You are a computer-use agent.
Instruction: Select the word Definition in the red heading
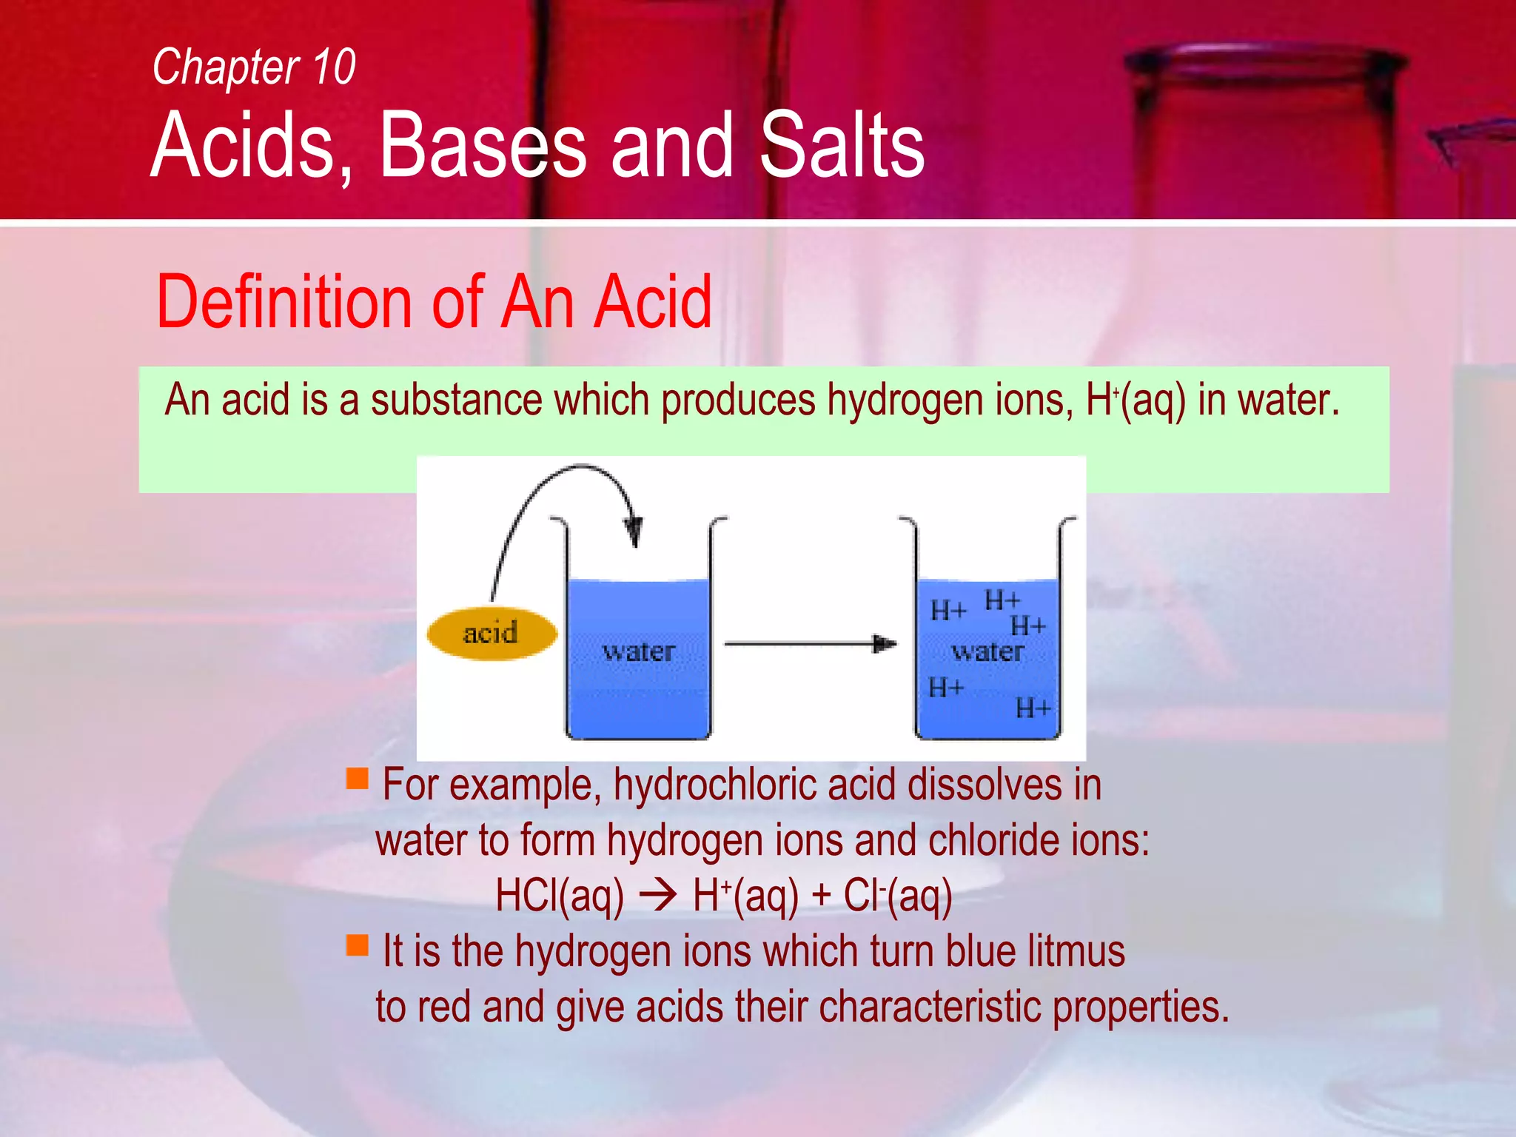(x=284, y=302)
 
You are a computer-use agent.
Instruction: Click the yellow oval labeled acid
(x=492, y=634)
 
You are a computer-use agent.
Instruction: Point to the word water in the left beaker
(x=639, y=652)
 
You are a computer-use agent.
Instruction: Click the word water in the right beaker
(x=987, y=652)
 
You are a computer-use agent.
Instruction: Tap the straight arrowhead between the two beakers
(x=884, y=644)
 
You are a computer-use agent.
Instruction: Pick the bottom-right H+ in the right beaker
(x=1033, y=709)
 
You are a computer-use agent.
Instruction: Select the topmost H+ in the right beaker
(x=1002, y=600)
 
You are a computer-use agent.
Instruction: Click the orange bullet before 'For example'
(x=358, y=779)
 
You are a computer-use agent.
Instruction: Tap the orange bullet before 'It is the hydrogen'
(x=358, y=945)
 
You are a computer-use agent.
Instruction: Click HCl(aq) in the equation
(x=560, y=896)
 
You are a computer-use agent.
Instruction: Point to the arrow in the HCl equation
(x=658, y=896)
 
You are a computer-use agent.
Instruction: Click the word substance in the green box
(x=456, y=400)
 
